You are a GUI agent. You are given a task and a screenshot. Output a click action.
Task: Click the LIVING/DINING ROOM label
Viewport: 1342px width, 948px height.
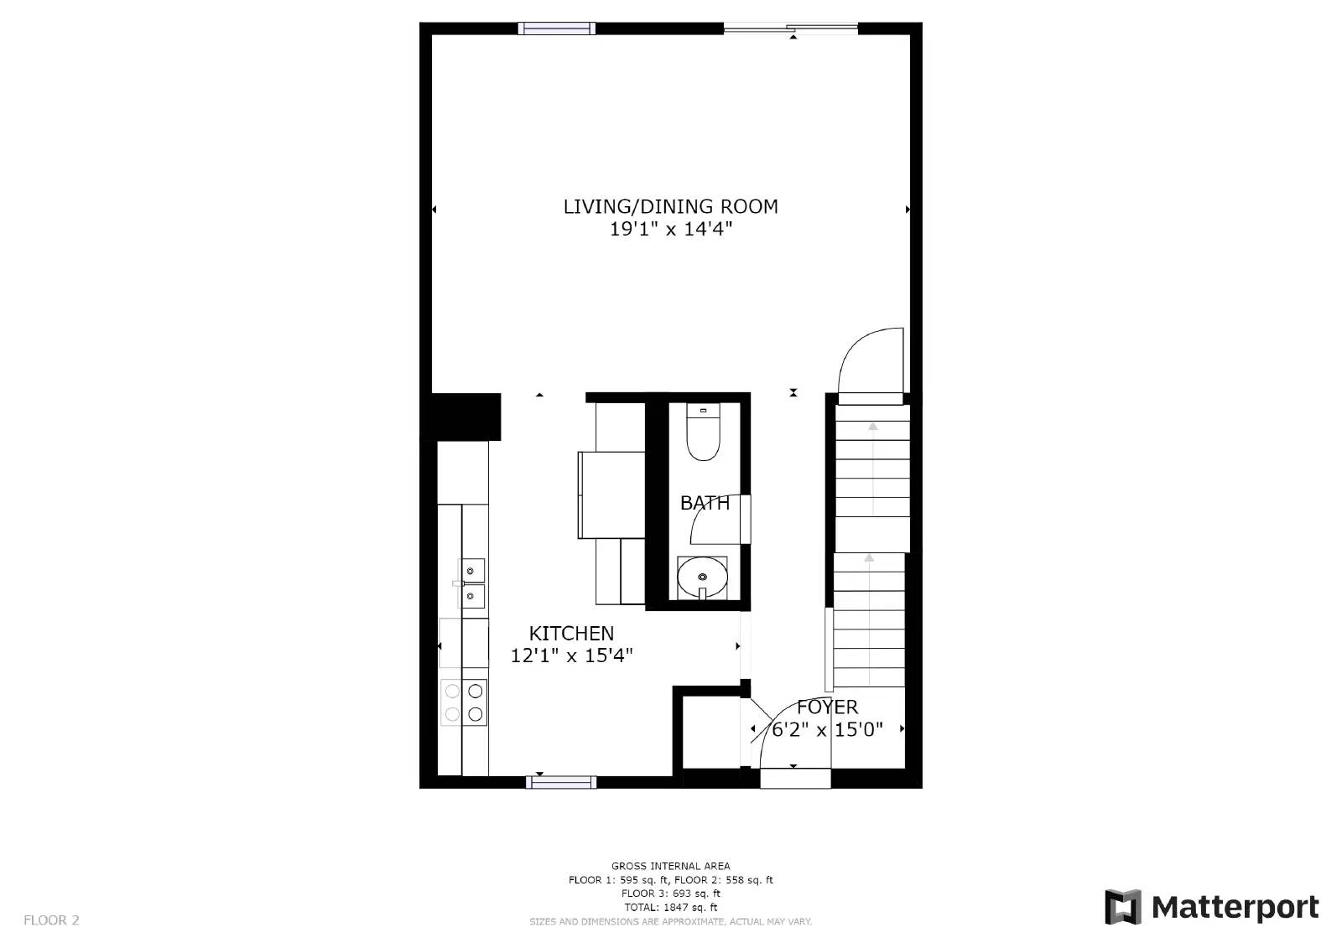click(x=670, y=206)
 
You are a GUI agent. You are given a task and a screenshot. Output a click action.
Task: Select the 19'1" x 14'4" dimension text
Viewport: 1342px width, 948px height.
click(x=670, y=229)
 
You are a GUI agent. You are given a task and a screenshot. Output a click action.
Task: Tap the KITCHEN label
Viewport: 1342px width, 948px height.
click(x=571, y=633)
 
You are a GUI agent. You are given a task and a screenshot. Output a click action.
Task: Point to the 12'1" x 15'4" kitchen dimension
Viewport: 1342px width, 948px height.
click(x=571, y=655)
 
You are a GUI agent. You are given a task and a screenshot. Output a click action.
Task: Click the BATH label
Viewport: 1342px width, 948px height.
click(x=704, y=503)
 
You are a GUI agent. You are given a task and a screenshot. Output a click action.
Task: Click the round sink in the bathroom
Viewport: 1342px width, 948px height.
click(x=702, y=577)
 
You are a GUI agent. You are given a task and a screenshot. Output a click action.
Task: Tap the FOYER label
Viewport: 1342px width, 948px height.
click(x=827, y=707)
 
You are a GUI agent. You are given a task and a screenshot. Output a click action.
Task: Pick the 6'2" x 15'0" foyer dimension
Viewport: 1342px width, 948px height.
click(x=827, y=729)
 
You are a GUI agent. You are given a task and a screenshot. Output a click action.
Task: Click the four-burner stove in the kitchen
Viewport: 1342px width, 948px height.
click(x=464, y=702)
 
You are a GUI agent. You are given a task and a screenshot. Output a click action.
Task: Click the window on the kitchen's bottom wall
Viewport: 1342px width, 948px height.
click(x=561, y=782)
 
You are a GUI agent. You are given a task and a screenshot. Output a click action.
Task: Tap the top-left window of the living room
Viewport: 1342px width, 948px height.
click(x=556, y=28)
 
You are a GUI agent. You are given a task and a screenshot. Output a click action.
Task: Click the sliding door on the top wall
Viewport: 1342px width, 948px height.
click(x=790, y=29)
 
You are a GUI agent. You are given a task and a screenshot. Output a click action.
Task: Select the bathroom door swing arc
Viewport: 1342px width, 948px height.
click(x=710, y=521)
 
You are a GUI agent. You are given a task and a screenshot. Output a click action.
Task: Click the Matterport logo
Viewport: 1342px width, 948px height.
click(x=1211, y=907)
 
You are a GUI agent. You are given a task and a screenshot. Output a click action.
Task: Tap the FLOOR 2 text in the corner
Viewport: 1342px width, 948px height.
click(x=51, y=920)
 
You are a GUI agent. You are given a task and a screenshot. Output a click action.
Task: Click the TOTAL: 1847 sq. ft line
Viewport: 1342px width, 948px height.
click(x=670, y=907)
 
